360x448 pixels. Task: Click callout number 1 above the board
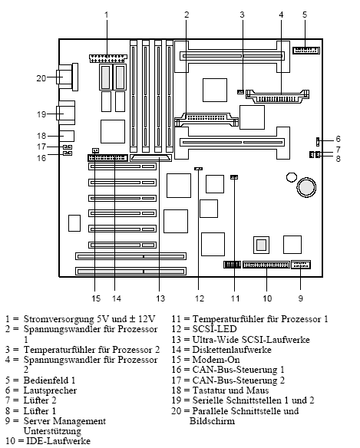(107, 14)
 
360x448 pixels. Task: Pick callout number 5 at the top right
(304, 14)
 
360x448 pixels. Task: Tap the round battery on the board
(306, 186)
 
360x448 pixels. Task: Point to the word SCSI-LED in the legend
(214, 328)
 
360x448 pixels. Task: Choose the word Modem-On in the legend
(216, 359)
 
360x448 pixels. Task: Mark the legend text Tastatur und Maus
(230, 390)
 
